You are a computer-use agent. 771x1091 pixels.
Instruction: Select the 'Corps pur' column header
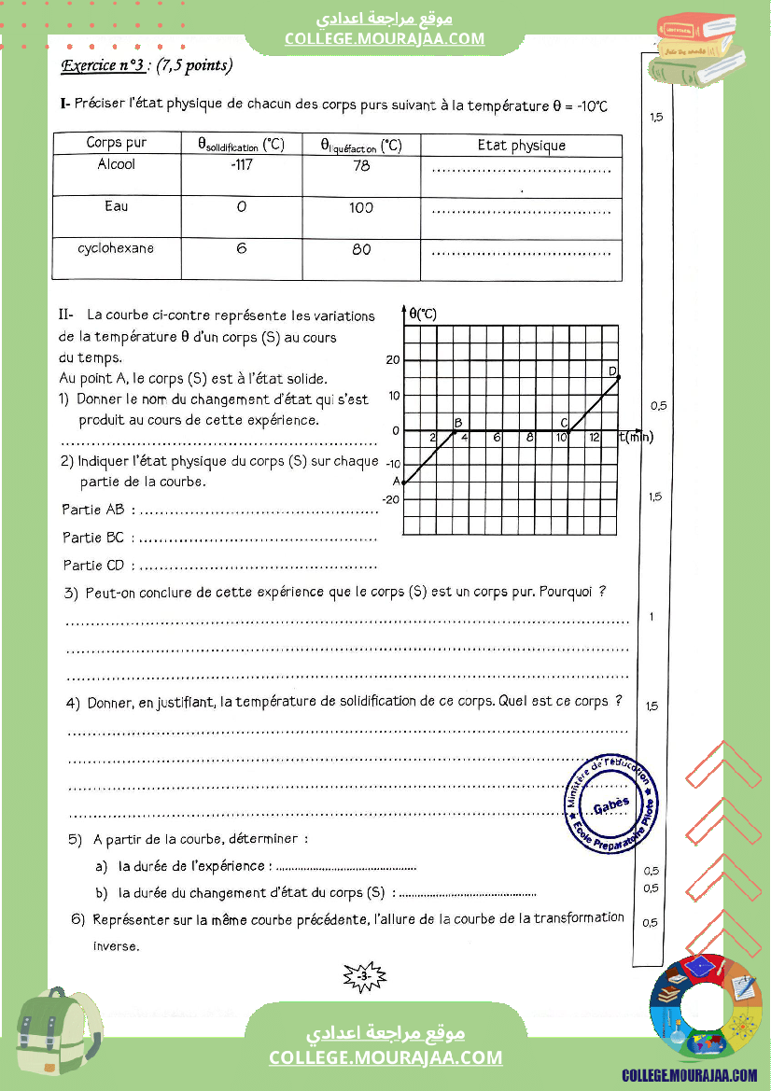(x=116, y=144)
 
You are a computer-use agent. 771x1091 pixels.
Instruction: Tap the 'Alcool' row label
(x=116, y=164)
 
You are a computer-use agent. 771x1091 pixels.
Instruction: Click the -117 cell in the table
(x=241, y=165)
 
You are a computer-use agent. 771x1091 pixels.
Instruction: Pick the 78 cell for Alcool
(x=361, y=165)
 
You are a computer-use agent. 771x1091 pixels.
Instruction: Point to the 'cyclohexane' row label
(x=116, y=248)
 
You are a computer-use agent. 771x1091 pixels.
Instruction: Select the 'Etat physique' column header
(x=521, y=145)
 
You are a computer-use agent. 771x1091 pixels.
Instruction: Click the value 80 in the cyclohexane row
(x=361, y=249)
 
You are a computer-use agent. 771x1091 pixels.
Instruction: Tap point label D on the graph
(x=612, y=371)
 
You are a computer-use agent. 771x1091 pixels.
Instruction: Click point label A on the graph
(x=396, y=482)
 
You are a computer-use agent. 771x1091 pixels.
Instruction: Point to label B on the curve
(x=457, y=423)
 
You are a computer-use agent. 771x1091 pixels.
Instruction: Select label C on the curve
(x=564, y=423)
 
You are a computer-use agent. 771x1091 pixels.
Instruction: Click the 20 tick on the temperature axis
(x=393, y=361)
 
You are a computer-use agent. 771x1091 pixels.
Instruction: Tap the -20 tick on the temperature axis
(x=391, y=499)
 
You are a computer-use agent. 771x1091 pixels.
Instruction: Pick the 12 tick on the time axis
(x=595, y=438)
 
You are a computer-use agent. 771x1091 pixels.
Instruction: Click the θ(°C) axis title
(x=423, y=314)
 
